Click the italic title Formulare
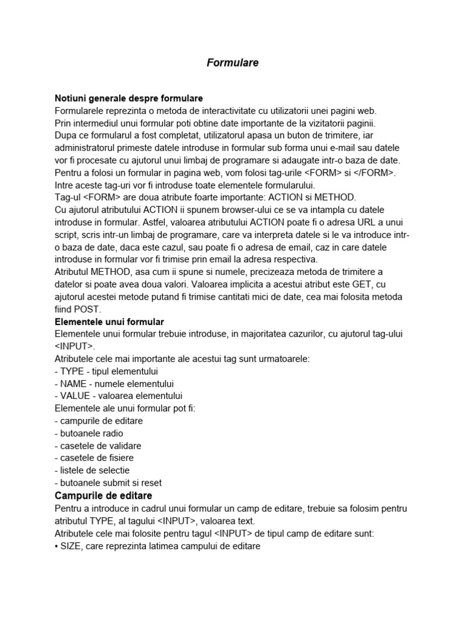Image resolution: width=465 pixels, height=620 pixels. click(x=232, y=62)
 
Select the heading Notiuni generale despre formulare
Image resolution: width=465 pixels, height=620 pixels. click(x=128, y=98)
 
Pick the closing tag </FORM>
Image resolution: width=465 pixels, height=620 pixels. click(x=374, y=173)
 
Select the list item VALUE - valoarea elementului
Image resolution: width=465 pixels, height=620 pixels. click(x=118, y=396)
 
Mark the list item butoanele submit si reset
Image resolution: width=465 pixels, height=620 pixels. click(x=108, y=483)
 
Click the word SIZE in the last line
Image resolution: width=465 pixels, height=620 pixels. click(x=71, y=546)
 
